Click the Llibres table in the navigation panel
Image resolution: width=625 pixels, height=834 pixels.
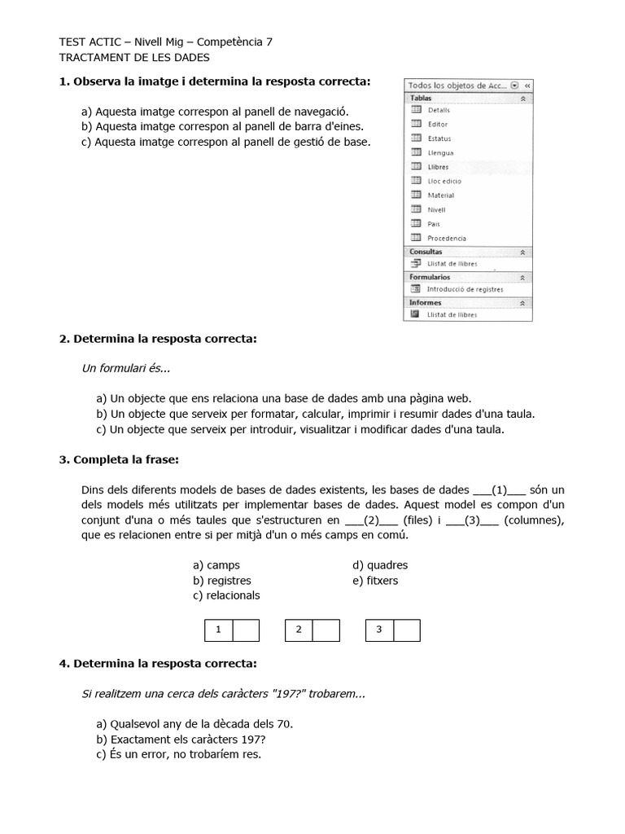(x=438, y=167)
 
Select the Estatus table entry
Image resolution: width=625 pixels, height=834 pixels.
(x=439, y=138)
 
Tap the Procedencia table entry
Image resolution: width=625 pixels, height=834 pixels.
(x=447, y=238)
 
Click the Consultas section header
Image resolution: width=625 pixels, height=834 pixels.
(x=426, y=252)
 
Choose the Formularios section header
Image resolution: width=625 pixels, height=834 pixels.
(x=430, y=277)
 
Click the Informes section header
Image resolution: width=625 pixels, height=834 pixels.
(x=426, y=302)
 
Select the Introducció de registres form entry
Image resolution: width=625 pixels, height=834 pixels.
(x=465, y=289)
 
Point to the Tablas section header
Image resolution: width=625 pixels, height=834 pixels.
(x=422, y=98)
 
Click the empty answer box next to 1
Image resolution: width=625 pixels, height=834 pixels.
(x=246, y=630)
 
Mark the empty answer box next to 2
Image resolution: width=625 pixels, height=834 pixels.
(x=326, y=630)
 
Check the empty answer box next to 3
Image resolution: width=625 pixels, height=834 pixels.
(x=407, y=630)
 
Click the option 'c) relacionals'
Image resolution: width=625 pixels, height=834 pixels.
(x=226, y=595)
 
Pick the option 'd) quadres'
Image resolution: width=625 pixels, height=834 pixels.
(x=380, y=565)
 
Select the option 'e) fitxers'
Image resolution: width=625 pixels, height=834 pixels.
(x=375, y=581)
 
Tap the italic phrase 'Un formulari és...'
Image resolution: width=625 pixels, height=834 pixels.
(x=126, y=368)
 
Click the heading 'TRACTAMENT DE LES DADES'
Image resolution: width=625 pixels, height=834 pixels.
(x=134, y=57)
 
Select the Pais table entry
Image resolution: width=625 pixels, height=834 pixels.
(x=434, y=224)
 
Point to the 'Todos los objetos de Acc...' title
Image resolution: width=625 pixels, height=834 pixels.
(x=457, y=85)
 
